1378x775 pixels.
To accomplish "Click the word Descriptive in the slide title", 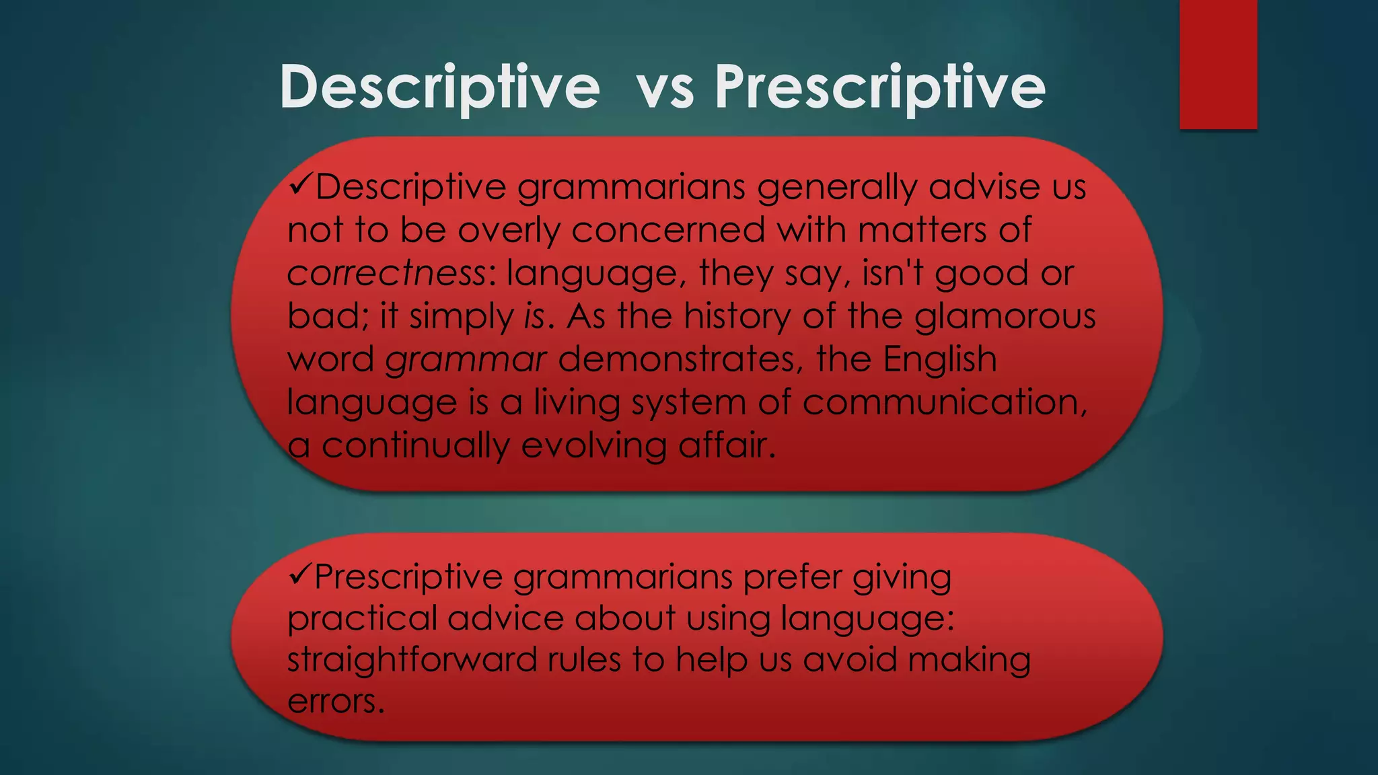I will click(x=439, y=87).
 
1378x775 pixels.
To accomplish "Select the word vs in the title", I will click(x=665, y=89).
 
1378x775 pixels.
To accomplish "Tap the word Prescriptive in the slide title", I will click(x=880, y=87).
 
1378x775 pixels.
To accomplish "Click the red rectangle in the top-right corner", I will click(x=1218, y=64).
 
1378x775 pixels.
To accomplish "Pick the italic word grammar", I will click(x=466, y=359).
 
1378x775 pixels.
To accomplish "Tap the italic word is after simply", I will click(x=534, y=316).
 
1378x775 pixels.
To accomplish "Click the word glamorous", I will click(x=1005, y=316).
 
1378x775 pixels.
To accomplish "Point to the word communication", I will click(x=944, y=402).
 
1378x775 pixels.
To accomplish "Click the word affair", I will click(x=727, y=445).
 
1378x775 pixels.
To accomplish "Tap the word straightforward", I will click(x=412, y=659).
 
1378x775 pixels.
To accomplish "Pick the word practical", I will click(x=362, y=619).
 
